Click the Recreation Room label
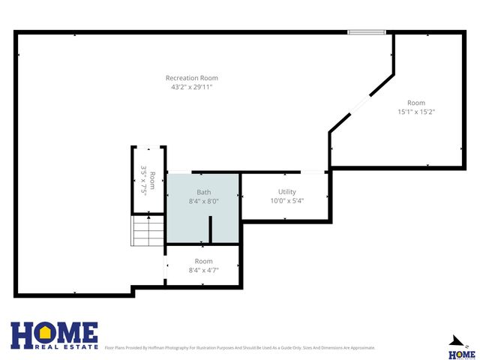[x=192, y=78]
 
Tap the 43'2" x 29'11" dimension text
[x=192, y=87]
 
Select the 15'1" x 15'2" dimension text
[x=416, y=112]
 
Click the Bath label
[x=204, y=192]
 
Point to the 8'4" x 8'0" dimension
[x=204, y=201]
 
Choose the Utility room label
[x=286, y=192]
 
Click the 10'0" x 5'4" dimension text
[x=286, y=201]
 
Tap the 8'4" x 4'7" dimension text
[x=203, y=270]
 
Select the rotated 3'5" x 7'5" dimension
[x=143, y=181]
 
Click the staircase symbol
[x=148, y=230]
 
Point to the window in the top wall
[x=367, y=31]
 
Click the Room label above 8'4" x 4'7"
[x=203, y=261]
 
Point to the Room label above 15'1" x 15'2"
[x=416, y=103]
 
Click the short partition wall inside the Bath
[x=210, y=229]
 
